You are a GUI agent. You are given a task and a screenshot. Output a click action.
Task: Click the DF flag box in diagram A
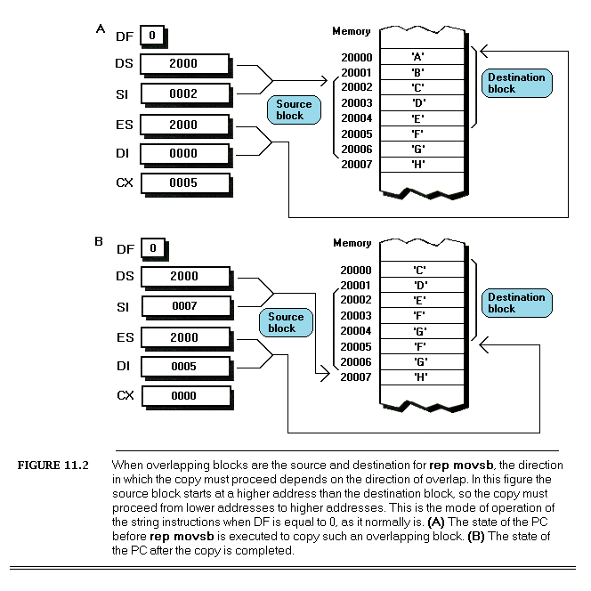coord(152,36)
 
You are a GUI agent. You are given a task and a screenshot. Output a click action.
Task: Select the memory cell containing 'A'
coord(417,57)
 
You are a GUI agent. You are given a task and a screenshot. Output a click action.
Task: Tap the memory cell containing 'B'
coord(417,72)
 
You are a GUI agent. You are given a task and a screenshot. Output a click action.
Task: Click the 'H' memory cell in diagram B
coord(417,376)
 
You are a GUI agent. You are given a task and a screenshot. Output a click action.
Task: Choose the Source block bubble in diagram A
coord(290,109)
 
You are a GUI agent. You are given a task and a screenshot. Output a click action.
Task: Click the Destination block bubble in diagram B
coord(514,303)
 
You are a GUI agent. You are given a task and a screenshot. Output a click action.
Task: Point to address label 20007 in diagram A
coord(356,164)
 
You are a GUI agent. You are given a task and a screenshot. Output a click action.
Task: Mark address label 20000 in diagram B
coord(356,270)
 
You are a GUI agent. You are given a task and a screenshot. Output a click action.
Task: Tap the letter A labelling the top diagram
coord(100,29)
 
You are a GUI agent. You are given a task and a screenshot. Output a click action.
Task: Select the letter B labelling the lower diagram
coord(100,241)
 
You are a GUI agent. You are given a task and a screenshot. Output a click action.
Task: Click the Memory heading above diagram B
coord(352,243)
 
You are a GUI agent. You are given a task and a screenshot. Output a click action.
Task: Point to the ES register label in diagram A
coord(125,125)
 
